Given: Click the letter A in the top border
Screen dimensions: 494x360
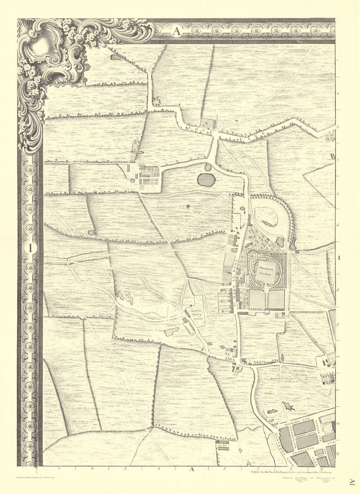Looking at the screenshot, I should point(176,31).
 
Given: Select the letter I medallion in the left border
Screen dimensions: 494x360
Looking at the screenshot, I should point(31,248).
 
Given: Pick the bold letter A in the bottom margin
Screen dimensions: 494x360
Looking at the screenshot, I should point(192,469).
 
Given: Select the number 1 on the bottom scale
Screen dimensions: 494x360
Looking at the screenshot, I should point(59,469).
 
